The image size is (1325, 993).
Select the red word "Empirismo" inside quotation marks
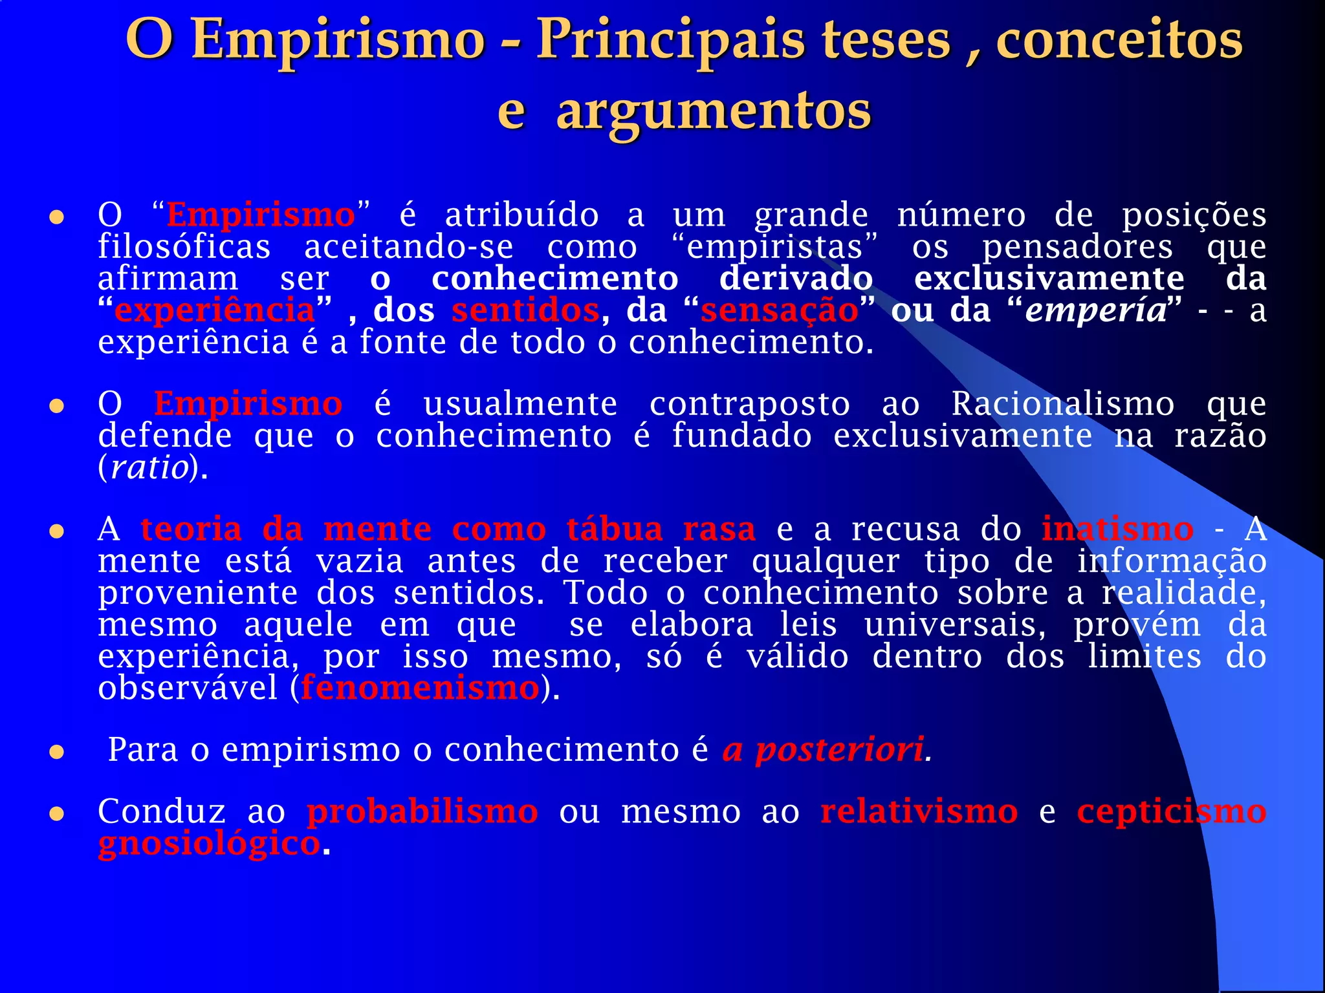[261, 215]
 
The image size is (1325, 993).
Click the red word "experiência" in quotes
[214, 310]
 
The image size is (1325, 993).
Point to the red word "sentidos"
[525, 310]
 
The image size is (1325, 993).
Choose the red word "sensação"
[779, 310]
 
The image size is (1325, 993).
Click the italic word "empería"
[1096, 310]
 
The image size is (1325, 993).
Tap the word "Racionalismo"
[1062, 404]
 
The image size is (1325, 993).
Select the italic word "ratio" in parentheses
[149, 467]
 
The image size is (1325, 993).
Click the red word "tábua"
[615, 529]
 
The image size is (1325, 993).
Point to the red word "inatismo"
[1117, 529]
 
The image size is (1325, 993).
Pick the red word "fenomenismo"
[420, 688]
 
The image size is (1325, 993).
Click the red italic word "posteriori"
[839, 750]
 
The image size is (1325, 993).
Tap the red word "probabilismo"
[422, 812]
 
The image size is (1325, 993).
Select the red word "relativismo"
[919, 812]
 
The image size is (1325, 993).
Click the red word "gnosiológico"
[208, 844]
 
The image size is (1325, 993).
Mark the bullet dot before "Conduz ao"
[57, 813]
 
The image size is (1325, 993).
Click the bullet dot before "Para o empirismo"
[57, 752]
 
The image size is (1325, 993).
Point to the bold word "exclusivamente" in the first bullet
[1049, 279]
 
